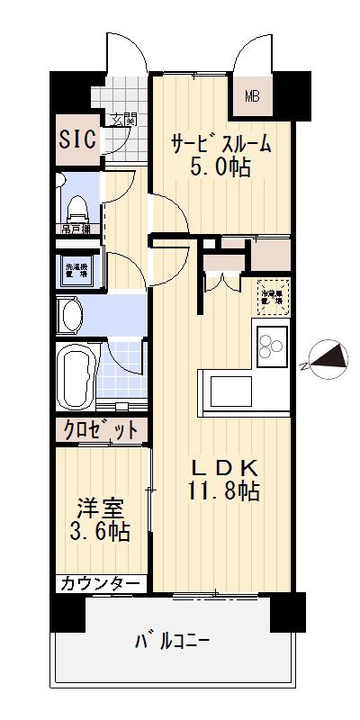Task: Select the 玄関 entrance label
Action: coord(121,119)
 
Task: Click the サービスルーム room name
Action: coord(220,145)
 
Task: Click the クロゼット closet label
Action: coord(100,430)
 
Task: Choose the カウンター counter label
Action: coord(100,584)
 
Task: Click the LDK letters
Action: coord(224,468)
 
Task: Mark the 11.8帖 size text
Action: coord(224,491)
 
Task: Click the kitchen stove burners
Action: coord(271,346)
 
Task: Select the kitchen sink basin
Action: coord(233,391)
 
